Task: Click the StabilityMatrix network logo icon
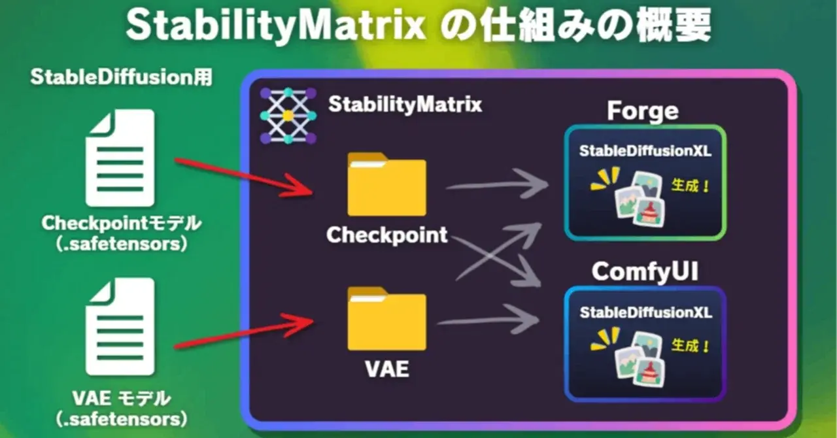pos(288,116)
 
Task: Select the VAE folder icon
pos(386,321)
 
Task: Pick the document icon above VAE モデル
pos(120,326)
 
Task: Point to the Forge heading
pos(643,110)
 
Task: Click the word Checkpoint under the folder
pos(387,235)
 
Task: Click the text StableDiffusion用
pos(121,77)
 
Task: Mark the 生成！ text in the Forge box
pos(691,186)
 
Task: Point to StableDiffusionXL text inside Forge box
pos(645,151)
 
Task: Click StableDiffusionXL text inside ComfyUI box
pos(645,312)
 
